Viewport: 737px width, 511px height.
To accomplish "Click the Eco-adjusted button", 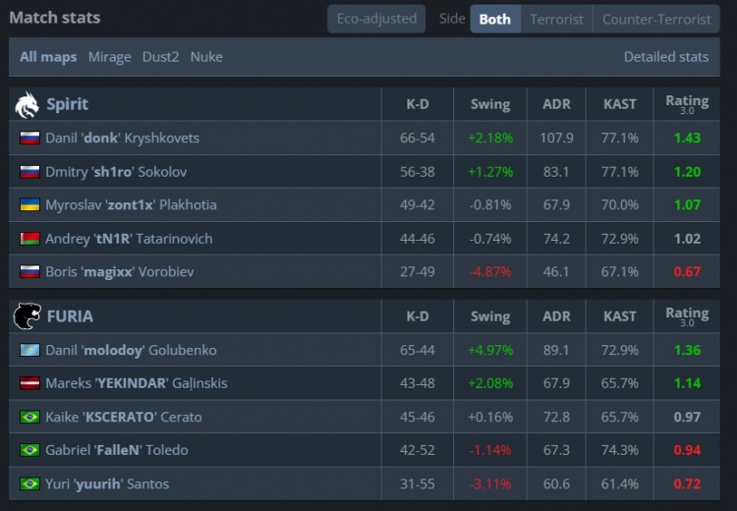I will pos(376,19).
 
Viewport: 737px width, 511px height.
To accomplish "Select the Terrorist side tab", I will pos(556,19).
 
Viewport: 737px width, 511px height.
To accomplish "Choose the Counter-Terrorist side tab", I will pos(656,19).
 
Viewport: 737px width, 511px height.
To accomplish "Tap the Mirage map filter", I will pos(109,57).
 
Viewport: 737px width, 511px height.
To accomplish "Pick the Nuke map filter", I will pos(206,57).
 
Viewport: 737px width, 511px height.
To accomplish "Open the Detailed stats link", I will pos(665,57).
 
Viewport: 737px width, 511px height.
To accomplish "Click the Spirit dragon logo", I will pos(28,104).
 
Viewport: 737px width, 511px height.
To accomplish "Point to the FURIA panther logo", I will pos(28,316).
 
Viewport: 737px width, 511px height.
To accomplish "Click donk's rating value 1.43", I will pos(687,139).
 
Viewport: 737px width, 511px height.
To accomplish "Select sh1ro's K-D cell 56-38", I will pos(418,172).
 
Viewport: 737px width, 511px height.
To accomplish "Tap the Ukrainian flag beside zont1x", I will pos(29,205).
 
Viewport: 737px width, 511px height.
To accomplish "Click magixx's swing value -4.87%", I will pos(489,272).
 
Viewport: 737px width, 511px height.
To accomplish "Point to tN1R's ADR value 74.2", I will pos(556,239).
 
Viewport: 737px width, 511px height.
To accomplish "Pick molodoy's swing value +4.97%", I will pos(489,351).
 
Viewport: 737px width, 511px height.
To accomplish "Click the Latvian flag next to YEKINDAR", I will pos(29,384).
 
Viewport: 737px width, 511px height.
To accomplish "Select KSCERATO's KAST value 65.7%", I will pos(619,418).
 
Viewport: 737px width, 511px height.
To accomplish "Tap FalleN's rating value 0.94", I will pos(687,451).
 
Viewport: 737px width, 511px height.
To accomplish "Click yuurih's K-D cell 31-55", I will pos(418,484).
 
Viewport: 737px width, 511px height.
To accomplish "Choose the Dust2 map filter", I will pos(160,57).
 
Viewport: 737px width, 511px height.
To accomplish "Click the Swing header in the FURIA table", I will pos(489,316).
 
